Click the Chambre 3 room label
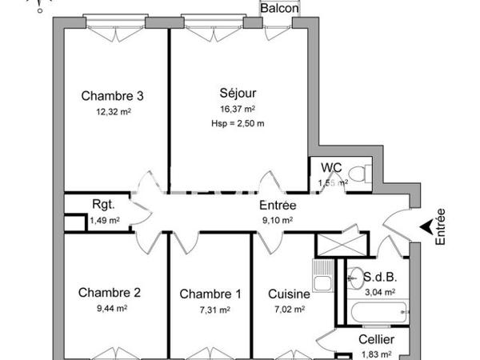112,96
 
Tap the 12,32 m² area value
112,112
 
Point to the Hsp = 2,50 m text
238,123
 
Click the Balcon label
280,8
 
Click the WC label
332,168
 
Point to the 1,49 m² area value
104,221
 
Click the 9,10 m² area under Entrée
276,221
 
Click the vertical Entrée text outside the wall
440,226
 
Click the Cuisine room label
288,294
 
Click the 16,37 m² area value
238,109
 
